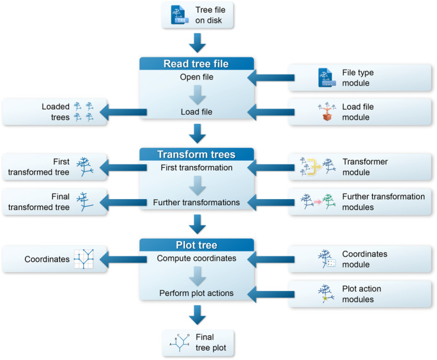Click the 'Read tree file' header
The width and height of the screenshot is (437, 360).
pos(196,64)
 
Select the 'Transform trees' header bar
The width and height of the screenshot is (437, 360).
pos(196,154)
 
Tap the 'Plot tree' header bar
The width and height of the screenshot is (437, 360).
pos(196,245)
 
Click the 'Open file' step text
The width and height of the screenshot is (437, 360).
pos(196,78)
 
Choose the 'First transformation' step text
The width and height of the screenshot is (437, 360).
pos(196,168)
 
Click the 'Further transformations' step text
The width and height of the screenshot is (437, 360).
pos(196,202)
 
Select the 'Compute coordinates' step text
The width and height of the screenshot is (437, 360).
pos(196,259)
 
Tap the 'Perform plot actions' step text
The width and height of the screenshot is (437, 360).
pos(196,293)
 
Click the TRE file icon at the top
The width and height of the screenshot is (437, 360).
pos(177,14)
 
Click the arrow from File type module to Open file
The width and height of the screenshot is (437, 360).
pos(269,78)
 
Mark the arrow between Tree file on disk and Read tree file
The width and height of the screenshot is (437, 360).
pos(196,43)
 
